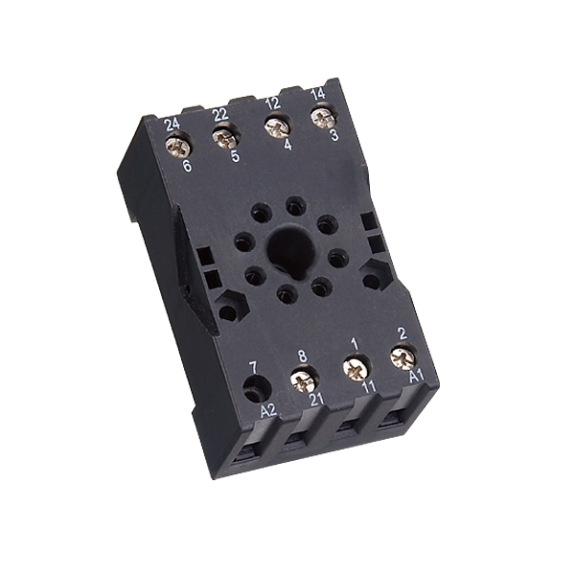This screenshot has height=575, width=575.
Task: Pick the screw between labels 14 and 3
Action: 324,118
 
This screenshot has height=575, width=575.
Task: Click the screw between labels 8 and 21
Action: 304,381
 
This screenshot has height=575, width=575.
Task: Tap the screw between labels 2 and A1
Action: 403,356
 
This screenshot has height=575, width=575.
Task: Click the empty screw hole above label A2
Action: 255,389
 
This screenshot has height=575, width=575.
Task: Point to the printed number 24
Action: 172,125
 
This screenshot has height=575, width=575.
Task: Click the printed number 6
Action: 186,166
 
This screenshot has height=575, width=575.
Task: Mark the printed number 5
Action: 235,156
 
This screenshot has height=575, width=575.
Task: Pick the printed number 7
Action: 252,366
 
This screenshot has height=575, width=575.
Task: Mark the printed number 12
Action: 271,103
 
